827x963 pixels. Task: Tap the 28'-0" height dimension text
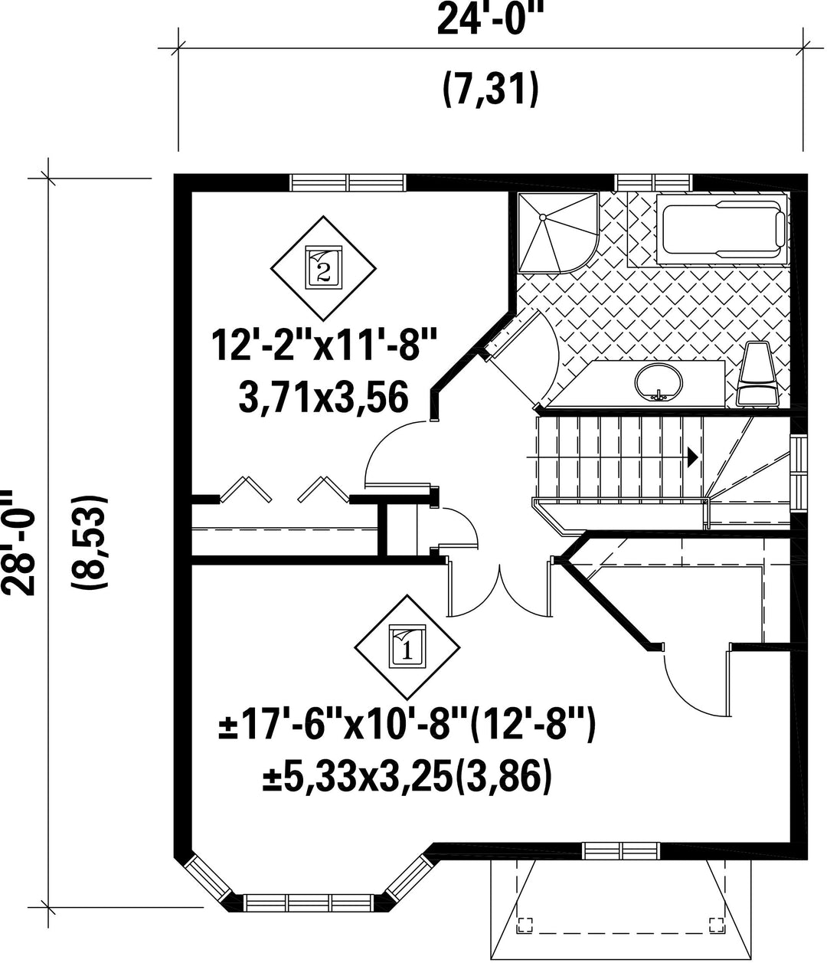[18, 542]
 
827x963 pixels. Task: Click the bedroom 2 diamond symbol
[324, 268]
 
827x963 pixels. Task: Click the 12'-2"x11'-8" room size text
[325, 346]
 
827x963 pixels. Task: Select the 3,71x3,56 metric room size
[324, 397]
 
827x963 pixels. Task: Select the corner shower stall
[558, 232]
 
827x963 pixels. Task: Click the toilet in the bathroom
[757, 374]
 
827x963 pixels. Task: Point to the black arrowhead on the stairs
[693, 457]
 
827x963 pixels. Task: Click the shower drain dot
[542, 217]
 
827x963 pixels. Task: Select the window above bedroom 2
[348, 182]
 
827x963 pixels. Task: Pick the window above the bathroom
[653, 182]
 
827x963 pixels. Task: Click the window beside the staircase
[799, 473]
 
